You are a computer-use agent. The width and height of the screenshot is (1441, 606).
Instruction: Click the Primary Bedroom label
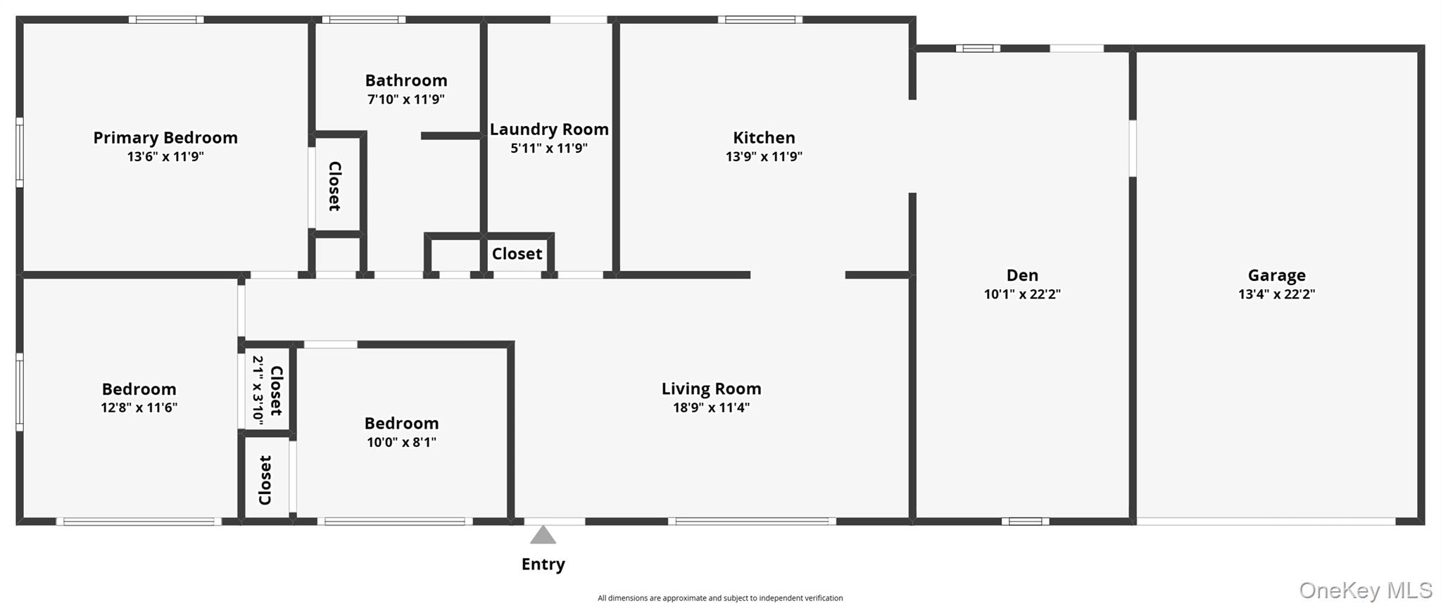pyautogui.click(x=165, y=138)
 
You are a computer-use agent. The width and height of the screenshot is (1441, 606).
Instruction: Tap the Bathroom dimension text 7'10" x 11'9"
pyautogui.click(x=405, y=99)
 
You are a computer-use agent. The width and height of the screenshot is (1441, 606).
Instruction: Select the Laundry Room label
pyautogui.click(x=549, y=130)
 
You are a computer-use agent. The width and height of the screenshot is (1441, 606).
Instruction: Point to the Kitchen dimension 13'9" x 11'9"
pyautogui.click(x=764, y=156)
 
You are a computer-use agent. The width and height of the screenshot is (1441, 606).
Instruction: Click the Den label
pyautogui.click(x=1022, y=275)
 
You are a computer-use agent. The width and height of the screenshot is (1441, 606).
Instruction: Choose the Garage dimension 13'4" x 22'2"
pyautogui.click(x=1276, y=294)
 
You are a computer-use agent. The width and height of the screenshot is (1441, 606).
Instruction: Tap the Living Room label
pyautogui.click(x=711, y=389)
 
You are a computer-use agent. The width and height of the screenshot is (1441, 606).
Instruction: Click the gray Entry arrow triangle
pyautogui.click(x=543, y=536)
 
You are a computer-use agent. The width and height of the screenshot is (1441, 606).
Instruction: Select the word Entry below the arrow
pyautogui.click(x=543, y=564)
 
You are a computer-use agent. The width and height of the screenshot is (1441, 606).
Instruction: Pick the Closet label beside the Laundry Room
pyautogui.click(x=517, y=254)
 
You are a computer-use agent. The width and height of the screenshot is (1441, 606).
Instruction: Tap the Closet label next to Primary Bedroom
pyautogui.click(x=335, y=186)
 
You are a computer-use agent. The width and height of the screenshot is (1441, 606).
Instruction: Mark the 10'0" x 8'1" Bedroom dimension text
pyautogui.click(x=401, y=442)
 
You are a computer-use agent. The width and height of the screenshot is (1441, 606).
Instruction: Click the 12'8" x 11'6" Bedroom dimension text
pyautogui.click(x=139, y=408)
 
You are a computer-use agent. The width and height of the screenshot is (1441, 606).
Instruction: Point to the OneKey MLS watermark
pyautogui.click(x=1365, y=590)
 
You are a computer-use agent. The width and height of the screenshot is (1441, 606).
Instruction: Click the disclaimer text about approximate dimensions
pyautogui.click(x=719, y=598)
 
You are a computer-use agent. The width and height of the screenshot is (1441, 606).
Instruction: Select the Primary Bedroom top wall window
pyautogui.click(x=166, y=20)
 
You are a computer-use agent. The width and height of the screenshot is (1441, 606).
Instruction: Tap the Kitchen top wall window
pyautogui.click(x=760, y=20)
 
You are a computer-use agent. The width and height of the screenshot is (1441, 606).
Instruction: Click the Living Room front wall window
pyautogui.click(x=752, y=522)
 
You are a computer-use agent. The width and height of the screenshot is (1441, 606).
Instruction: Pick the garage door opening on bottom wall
pyautogui.click(x=1266, y=522)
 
